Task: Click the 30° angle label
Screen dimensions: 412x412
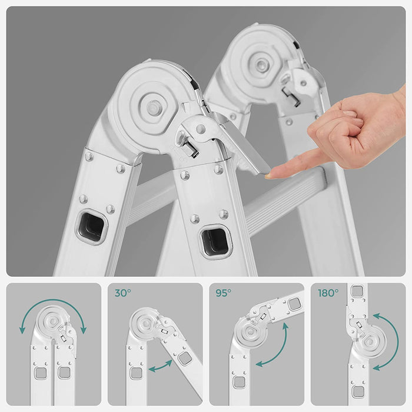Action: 122,293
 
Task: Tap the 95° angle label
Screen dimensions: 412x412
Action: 223,293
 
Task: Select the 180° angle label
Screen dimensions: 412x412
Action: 328,293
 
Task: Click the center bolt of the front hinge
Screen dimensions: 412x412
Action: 152,107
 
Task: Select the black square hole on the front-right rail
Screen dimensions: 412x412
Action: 215,242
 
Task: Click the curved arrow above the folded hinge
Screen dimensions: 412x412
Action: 53,301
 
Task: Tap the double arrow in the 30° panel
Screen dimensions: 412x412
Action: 160,366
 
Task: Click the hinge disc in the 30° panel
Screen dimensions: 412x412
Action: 145,323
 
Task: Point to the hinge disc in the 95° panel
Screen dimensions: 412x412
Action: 250,332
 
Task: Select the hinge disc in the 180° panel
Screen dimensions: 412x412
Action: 370,342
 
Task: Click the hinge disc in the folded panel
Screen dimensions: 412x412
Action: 52,321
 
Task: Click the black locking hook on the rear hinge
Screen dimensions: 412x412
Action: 291,97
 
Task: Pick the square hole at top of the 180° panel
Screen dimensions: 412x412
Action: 357,291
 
